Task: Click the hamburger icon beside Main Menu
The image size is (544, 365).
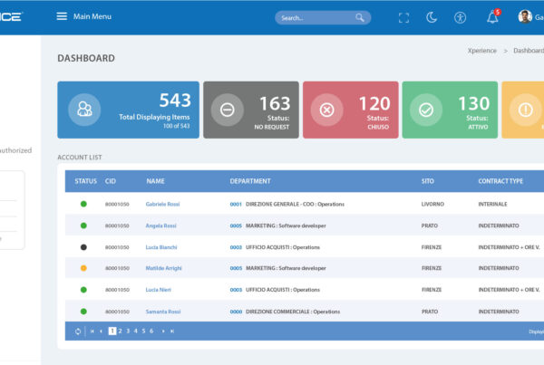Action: coord(62,16)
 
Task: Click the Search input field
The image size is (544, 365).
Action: coord(317,17)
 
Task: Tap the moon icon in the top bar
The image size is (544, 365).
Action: coord(432,17)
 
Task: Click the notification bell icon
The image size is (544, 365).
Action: coord(492,17)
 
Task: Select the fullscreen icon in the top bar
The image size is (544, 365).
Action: coord(403,17)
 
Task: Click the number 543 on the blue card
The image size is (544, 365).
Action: coord(175,101)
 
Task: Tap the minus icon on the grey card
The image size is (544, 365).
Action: coord(227,110)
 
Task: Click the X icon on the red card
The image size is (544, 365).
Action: coord(326,110)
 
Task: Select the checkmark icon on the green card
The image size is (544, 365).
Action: coord(425,110)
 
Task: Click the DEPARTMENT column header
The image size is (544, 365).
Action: coord(250,181)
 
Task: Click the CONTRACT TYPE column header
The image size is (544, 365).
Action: coord(500,181)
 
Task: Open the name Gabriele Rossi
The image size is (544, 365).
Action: coord(162,205)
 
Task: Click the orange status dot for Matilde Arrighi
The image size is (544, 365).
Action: coord(83,268)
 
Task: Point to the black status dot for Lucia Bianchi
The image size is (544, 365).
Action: coord(83,246)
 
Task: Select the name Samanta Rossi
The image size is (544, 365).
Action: coord(162,311)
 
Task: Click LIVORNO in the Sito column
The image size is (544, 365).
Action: coord(432,205)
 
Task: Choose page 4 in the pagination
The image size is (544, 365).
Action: coord(135,331)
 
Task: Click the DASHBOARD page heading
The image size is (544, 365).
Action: coord(86,58)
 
